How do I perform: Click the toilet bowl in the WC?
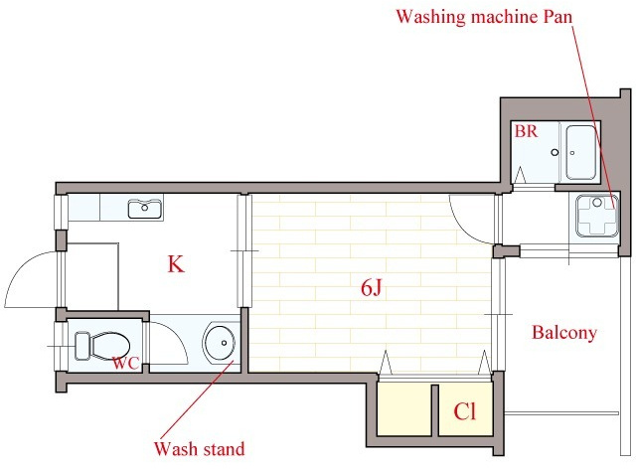(x=110, y=346)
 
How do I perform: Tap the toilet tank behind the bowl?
(x=82, y=346)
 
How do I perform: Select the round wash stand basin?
(x=220, y=343)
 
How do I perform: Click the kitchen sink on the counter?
(x=145, y=209)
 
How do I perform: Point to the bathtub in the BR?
(x=580, y=153)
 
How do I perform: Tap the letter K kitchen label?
(x=176, y=264)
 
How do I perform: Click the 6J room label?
(x=371, y=288)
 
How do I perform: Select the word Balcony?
(x=564, y=333)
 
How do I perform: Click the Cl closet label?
(x=465, y=411)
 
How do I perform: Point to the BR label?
(x=526, y=131)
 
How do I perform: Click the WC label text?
(x=126, y=363)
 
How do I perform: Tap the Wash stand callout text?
(x=199, y=449)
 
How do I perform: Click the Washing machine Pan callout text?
(x=484, y=17)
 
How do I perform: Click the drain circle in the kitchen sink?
(x=145, y=208)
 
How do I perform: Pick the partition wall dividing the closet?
(x=435, y=410)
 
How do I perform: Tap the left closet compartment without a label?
(x=404, y=409)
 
